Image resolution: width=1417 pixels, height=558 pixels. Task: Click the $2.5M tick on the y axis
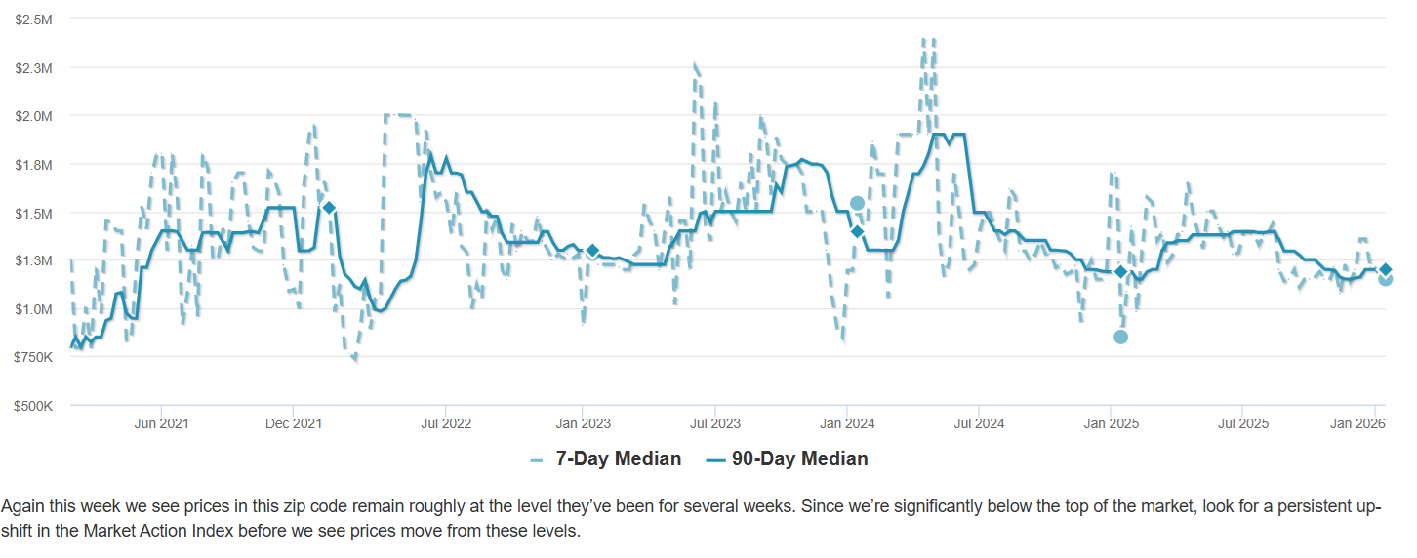point(34,20)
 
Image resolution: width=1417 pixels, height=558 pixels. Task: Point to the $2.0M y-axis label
point(34,116)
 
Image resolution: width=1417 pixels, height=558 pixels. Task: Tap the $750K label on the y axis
point(34,358)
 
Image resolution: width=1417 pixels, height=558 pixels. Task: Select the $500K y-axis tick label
point(34,406)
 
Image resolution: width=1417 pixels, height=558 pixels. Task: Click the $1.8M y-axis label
point(34,165)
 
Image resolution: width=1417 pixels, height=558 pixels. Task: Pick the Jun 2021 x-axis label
point(161,423)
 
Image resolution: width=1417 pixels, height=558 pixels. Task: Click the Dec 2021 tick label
point(294,423)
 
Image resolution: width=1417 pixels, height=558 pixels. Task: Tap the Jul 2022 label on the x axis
point(446,423)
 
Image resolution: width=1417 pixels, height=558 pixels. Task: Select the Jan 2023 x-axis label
point(583,423)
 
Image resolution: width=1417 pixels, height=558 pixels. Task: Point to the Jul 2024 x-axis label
point(979,423)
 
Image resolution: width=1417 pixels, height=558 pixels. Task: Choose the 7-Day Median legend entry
point(605,458)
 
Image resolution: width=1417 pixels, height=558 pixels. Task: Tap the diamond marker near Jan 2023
point(592,251)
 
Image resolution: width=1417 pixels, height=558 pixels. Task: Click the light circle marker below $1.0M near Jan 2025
point(1120,337)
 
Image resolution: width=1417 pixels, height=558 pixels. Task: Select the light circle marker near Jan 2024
point(857,203)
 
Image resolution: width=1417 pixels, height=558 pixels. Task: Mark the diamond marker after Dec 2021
point(329,208)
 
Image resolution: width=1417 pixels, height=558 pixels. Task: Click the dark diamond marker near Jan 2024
point(857,231)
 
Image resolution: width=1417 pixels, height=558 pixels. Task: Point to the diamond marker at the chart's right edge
point(1385,269)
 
